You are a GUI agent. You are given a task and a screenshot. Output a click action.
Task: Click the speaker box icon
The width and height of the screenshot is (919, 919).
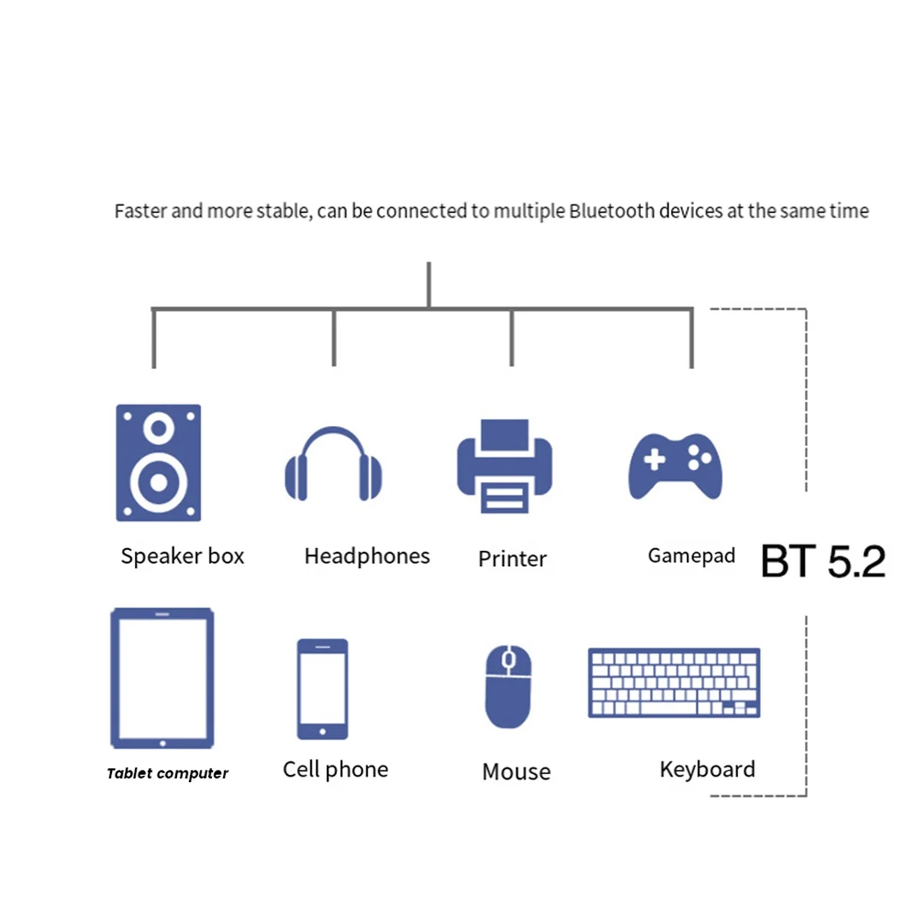159,463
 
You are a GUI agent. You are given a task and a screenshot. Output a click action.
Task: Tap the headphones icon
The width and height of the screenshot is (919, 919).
333,465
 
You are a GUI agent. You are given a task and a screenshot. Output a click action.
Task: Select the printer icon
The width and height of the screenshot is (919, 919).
505,466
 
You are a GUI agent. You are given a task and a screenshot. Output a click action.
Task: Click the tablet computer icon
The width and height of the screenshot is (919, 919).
162,678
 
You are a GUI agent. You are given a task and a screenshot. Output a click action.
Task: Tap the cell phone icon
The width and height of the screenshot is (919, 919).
322,688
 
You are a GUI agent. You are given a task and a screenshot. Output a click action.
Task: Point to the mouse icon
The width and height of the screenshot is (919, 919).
508,686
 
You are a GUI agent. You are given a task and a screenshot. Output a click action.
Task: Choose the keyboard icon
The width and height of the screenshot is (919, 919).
674,682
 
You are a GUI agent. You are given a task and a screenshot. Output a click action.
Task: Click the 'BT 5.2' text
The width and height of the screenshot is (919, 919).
823,561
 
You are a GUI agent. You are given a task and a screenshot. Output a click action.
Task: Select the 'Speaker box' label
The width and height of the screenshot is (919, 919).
182,556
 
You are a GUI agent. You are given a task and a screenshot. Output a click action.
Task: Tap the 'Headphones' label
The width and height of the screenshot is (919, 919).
367,556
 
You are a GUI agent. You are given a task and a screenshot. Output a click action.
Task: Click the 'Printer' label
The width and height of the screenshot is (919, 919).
512,559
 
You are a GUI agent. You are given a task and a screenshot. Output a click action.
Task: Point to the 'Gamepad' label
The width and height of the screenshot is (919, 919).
691,556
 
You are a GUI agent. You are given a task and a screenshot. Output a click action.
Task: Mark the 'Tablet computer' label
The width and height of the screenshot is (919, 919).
168,773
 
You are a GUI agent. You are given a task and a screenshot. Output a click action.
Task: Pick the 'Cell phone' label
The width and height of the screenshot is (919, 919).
335,769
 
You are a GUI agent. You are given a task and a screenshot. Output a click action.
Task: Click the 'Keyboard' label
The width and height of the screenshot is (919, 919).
707,769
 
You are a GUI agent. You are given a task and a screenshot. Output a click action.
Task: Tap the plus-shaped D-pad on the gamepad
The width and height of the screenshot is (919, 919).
654,459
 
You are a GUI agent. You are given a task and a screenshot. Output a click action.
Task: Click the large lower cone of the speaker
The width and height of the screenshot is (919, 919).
159,482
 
